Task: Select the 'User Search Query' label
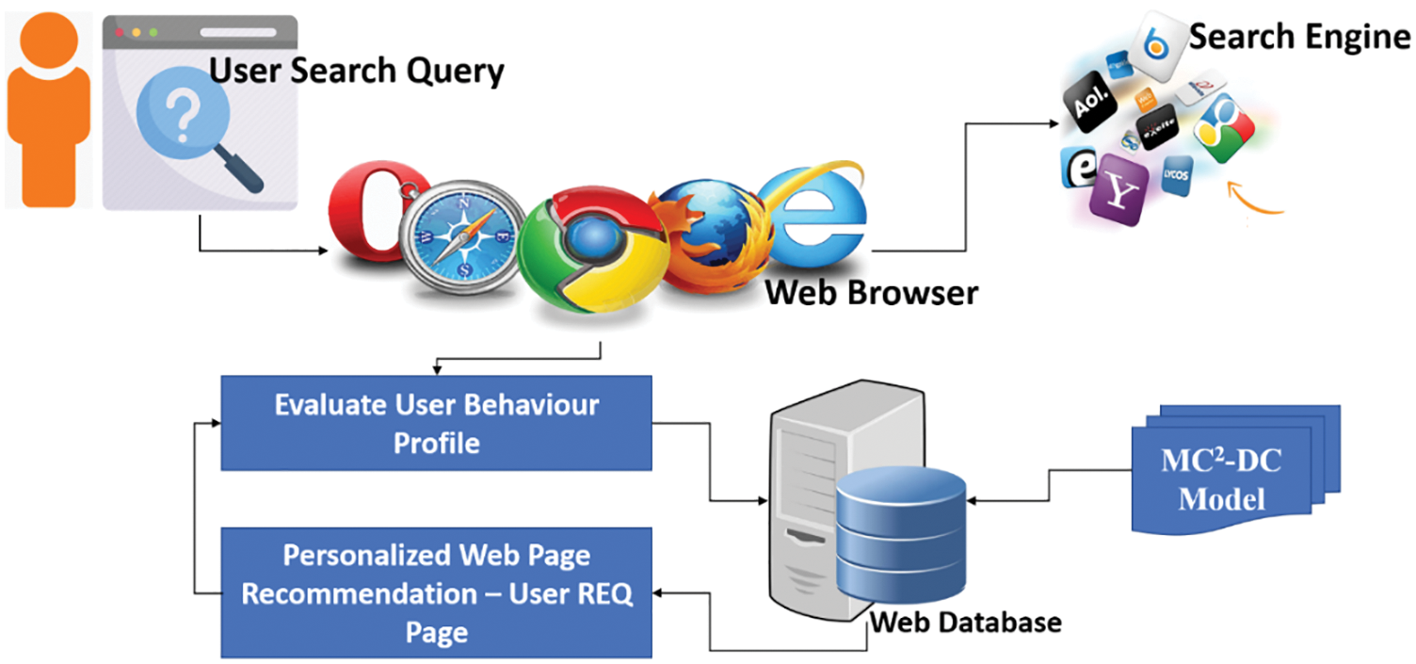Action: tap(356, 71)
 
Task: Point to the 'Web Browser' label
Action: tap(871, 292)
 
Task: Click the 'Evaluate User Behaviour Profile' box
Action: tap(436, 423)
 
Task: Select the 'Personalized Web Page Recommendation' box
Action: tap(436, 592)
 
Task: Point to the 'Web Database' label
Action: tap(965, 622)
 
